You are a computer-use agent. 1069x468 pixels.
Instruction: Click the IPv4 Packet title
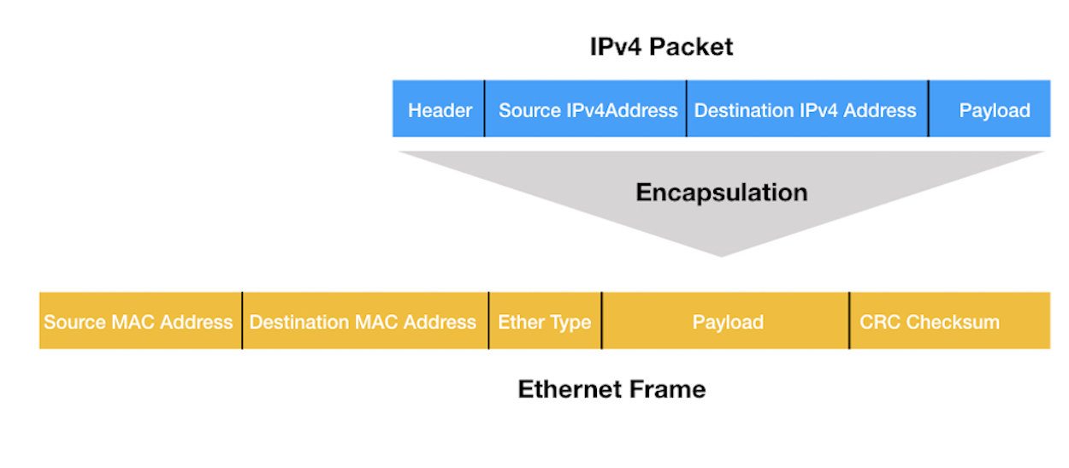[661, 46]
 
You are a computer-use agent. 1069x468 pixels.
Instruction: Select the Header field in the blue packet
[440, 110]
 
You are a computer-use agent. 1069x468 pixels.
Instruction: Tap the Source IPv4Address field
[588, 110]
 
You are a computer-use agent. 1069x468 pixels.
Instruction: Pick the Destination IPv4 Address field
[805, 110]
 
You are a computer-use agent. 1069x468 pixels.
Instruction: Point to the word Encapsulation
[721, 193]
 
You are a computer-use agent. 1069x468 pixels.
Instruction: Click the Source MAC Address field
[139, 323]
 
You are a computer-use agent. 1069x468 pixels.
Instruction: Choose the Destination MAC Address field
[363, 323]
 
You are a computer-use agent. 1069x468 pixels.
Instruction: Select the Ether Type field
[544, 323]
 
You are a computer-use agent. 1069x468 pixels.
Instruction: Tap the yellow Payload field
[728, 323]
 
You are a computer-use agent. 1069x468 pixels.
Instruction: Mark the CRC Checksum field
[930, 323]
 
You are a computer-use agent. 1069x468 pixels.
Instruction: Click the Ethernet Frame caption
[611, 389]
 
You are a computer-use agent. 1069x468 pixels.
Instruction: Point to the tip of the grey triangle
[722, 255]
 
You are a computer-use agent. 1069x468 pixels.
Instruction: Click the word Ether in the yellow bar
[519, 323]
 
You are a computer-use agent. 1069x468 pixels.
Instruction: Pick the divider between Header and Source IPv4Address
[484, 109]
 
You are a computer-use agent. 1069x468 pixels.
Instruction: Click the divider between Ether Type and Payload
[602, 321]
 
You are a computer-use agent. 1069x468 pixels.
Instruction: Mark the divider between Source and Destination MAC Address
[242, 321]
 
